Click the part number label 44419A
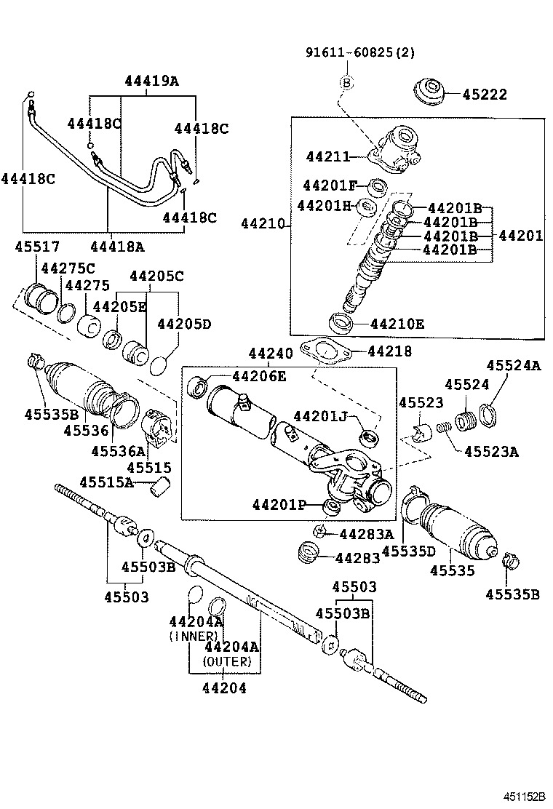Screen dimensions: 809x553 tap(151, 81)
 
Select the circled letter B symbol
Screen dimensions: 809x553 tap(347, 82)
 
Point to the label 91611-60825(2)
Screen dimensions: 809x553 tap(360, 53)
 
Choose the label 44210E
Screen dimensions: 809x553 tap(397, 323)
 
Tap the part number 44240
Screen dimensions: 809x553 tap(271, 354)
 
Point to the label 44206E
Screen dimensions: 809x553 tap(259, 376)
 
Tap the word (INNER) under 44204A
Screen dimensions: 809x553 tap(194, 636)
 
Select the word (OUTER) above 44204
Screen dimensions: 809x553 tap(227, 662)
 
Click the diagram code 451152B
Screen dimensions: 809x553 tap(521, 797)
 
